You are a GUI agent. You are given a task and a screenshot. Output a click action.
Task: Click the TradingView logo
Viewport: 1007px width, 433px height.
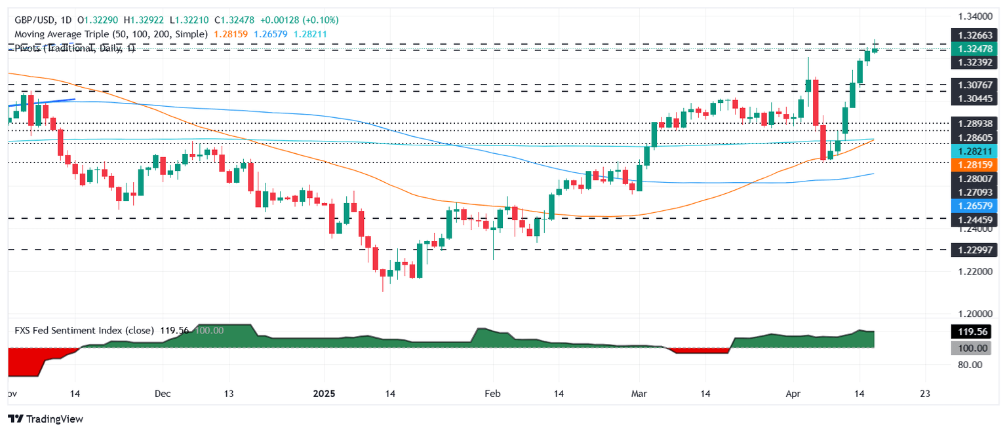(46, 419)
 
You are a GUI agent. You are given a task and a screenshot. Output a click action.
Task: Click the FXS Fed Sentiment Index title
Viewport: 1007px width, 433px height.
(84, 331)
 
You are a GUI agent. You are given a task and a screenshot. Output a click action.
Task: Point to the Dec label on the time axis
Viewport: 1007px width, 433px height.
(163, 394)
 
